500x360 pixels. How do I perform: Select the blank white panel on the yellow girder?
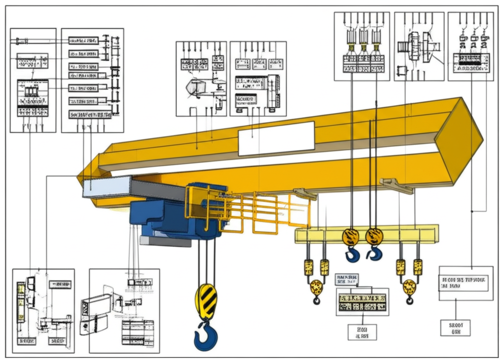tap(276, 138)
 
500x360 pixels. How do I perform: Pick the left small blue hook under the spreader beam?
tap(352, 254)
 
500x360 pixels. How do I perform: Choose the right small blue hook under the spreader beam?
tap(375, 253)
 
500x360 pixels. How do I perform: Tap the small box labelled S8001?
tap(455, 327)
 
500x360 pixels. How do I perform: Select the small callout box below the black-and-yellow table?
tap(362, 332)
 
